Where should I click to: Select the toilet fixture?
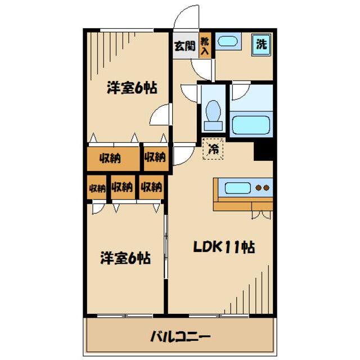(x=213, y=111)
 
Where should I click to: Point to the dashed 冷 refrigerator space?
(x=213, y=149)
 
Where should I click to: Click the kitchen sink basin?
(x=234, y=187)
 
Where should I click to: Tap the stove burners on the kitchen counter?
(x=261, y=187)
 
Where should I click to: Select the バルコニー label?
(x=180, y=337)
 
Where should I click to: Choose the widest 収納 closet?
(x=112, y=158)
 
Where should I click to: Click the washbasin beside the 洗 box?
(x=228, y=42)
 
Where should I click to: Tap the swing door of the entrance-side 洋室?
(x=160, y=116)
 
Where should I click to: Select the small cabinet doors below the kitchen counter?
(x=260, y=214)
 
